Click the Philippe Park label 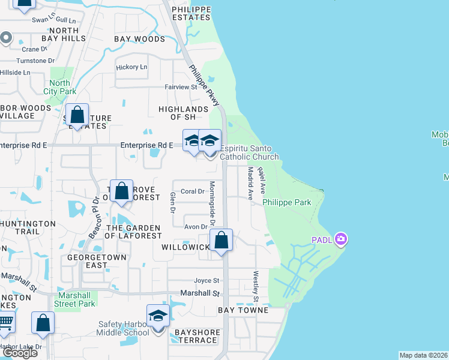pos(287,202)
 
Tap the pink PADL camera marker pos(341,239)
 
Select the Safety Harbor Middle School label pos(124,328)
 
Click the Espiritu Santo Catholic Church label pos(249,152)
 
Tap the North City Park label pos(59,87)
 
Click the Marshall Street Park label pos(76,299)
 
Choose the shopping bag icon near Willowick pos(221,241)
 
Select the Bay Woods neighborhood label pos(139,39)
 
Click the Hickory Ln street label pos(131,67)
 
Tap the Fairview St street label pos(181,87)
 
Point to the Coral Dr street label pos(193,191)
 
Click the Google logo pos(20,353)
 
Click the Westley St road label pos(256,287)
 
